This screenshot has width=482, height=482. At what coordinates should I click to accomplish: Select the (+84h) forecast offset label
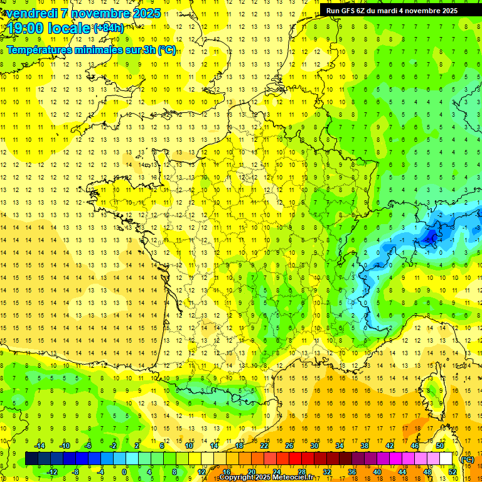109,28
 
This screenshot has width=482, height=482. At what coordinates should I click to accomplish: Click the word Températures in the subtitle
38,50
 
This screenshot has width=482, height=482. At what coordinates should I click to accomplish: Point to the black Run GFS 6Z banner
392,10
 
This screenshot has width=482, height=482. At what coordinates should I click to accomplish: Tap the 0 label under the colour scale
124,472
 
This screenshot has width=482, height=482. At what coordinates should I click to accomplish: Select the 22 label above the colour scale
264,446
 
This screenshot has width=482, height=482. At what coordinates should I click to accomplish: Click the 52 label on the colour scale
452,472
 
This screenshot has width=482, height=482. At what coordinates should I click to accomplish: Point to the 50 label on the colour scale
440,446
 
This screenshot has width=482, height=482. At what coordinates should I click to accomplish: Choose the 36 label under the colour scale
352,472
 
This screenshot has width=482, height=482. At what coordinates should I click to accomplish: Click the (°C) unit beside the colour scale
467,459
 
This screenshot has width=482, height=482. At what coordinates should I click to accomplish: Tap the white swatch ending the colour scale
446,459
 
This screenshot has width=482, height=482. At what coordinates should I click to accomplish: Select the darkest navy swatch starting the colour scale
31,459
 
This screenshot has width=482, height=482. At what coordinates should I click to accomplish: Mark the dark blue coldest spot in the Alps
431,236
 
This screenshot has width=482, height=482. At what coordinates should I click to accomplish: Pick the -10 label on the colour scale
64,446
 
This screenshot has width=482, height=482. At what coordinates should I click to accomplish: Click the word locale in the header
70,28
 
